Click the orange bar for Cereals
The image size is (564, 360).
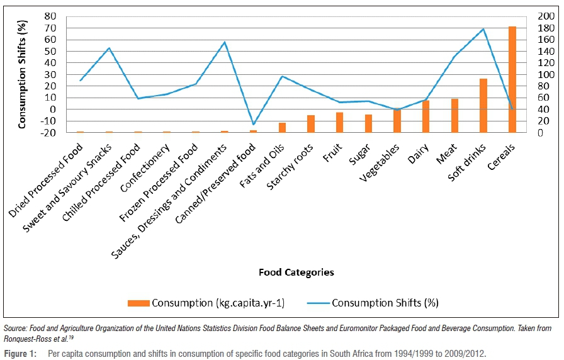pyautogui.click(x=512, y=79)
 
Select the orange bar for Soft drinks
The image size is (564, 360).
pyautogui.click(x=483, y=106)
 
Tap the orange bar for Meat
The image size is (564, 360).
pyautogui.click(x=454, y=116)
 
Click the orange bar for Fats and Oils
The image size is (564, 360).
pyautogui.click(x=282, y=127)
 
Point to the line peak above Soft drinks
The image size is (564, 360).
pyautogui.click(x=483, y=29)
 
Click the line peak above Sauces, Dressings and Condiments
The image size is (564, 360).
pyautogui.click(x=225, y=42)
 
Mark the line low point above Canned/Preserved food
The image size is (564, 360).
pyautogui.click(x=253, y=124)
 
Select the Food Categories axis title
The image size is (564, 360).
pyautogui.click(x=296, y=273)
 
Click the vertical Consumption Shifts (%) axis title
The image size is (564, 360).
pyautogui.click(x=23, y=74)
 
